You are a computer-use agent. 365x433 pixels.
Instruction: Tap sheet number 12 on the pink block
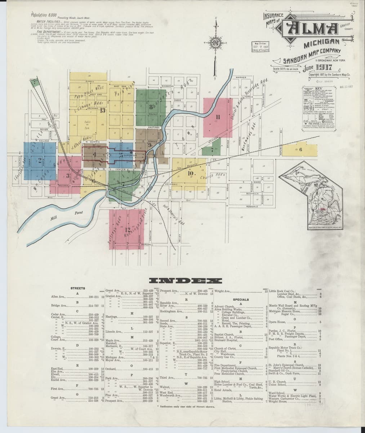[127, 229]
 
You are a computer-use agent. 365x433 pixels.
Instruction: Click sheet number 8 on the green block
[150, 107]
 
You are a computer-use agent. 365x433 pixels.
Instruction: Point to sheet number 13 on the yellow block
[103, 110]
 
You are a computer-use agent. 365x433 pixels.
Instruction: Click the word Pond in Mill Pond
[79, 213]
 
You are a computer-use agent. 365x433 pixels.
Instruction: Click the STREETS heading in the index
[77, 288]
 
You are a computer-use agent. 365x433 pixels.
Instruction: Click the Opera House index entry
[277, 322]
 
